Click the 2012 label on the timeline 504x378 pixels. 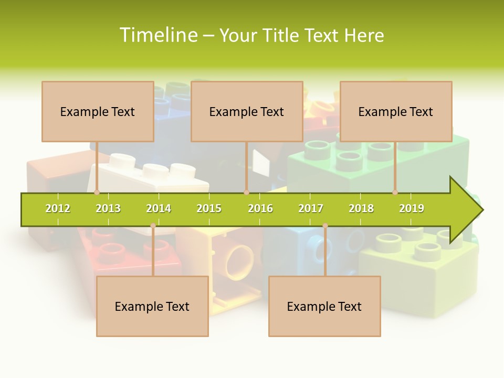click(58, 208)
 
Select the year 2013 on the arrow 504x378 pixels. click(108, 208)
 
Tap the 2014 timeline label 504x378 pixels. click(159, 208)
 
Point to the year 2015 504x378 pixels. click(209, 208)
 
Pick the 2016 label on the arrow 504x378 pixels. click(260, 208)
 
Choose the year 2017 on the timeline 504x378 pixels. click(311, 208)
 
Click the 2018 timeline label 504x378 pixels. click(361, 208)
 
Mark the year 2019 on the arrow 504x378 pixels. click(412, 208)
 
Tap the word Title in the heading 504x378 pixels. click(281, 35)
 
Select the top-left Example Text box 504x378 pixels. click(98, 111)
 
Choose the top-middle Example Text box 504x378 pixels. click(247, 111)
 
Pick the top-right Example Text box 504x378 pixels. click(396, 111)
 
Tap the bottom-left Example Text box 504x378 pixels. click(152, 306)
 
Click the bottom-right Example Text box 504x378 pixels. click(324, 306)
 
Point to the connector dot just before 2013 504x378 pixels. click(97, 192)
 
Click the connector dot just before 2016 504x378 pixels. click(246, 192)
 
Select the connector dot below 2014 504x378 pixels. click(153, 226)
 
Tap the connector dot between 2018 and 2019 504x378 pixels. click(395, 192)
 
